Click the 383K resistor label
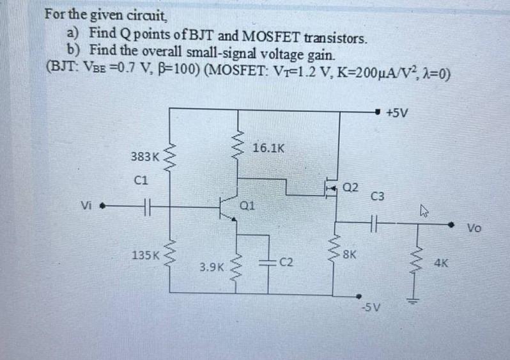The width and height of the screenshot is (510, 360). click(x=144, y=156)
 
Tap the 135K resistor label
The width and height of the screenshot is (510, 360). click(x=145, y=255)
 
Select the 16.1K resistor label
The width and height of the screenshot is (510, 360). click(x=268, y=148)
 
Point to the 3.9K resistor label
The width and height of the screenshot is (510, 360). click(x=212, y=267)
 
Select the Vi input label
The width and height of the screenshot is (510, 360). click(x=87, y=206)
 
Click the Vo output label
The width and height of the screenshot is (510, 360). click(x=475, y=228)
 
